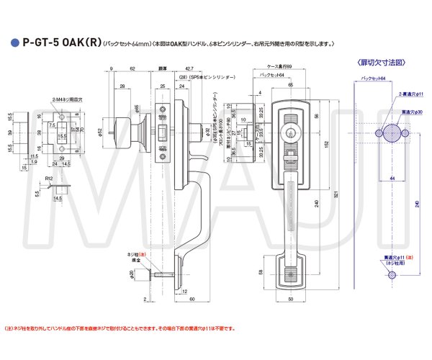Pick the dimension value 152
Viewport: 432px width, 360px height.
(325, 143)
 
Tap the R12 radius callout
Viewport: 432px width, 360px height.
(48, 177)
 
